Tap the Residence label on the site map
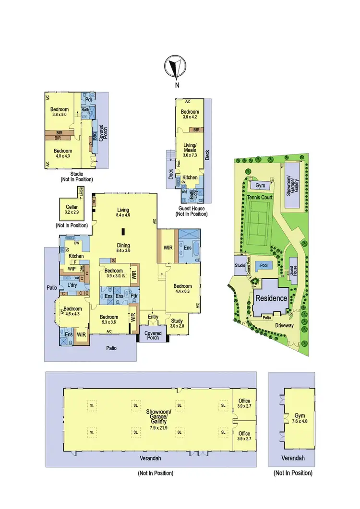(271, 298)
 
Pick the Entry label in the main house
(153, 317)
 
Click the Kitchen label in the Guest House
(190, 178)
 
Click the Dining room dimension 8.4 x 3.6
(123, 250)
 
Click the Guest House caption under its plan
(192, 209)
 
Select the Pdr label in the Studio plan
(88, 100)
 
